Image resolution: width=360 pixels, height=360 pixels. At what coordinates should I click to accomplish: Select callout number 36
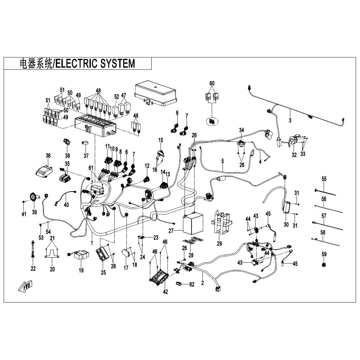coord(48,156)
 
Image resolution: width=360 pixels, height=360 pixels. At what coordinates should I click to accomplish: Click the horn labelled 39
coord(33,197)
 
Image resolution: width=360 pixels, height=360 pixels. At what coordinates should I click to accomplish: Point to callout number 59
coord(324,254)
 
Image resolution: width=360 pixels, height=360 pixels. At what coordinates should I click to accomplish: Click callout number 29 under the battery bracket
coord(219,244)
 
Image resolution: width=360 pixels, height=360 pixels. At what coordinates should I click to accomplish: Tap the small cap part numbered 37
coord(86,143)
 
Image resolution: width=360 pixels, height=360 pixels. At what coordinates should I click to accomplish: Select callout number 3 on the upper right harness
coord(290,121)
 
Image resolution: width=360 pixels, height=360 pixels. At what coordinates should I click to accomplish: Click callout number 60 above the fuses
coord(212,83)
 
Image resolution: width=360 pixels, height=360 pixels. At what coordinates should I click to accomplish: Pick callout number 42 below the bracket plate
coord(165,292)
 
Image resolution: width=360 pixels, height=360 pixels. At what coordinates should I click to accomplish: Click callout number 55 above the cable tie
coord(324,179)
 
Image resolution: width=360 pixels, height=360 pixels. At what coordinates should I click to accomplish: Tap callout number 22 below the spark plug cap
coord(33,269)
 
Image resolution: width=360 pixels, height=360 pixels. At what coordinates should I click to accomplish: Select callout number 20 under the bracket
coord(52,269)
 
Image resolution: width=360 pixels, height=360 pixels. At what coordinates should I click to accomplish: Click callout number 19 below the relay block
coord(81,270)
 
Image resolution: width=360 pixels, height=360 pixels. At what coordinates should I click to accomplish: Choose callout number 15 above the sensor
coord(161,140)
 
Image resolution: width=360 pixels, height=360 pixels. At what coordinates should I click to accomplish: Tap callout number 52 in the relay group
coord(116,97)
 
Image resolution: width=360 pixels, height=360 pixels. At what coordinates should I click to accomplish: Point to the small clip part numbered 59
coord(324,265)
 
